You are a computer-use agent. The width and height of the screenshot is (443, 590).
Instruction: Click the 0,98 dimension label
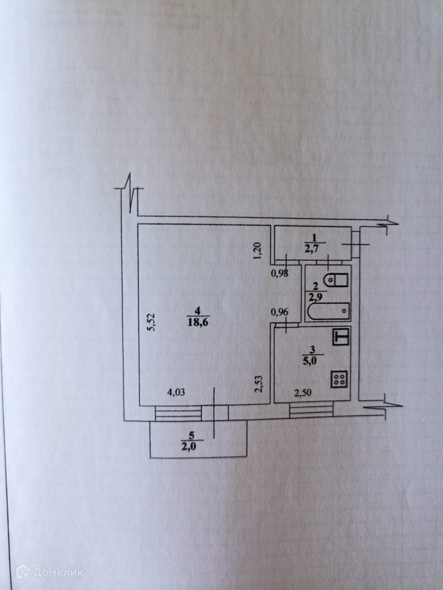tap(282, 275)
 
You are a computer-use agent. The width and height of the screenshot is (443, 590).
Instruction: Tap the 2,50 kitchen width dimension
tap(304, 392)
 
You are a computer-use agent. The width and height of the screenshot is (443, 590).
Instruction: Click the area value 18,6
tap(198, 322)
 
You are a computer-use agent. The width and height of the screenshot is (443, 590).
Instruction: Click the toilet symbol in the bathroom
tap(336, 280)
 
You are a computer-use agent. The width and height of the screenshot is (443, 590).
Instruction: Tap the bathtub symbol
tap(329, 312)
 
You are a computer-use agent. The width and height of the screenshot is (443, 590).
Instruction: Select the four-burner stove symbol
tap(339, 379)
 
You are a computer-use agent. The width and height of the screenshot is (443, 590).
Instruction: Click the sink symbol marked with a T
tap(340, 338)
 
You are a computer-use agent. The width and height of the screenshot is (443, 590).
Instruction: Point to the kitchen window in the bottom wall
tap(311, 410)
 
